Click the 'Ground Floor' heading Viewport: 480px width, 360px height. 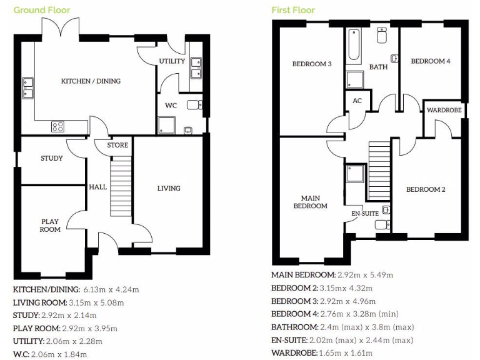click(42, 10)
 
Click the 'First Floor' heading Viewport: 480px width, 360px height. click(293, 10)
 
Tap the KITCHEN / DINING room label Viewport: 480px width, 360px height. click(91, 81)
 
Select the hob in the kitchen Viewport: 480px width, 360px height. click(58, 126)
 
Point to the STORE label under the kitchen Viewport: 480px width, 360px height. click(117, 146)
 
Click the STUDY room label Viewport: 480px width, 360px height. click(51, 158)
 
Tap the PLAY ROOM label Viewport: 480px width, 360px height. click(51, 225)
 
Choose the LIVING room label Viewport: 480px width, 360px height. click(169, 188)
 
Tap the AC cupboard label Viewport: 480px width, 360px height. click(357, 101)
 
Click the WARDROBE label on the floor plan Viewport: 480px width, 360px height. click(444, 110)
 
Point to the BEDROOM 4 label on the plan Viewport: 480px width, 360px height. click(430, 61)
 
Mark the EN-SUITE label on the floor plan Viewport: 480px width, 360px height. click(364, 214)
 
